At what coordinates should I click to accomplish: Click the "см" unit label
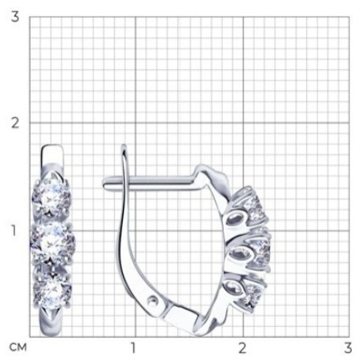(18, 347)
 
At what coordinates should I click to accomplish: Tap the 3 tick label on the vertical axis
(15, 17)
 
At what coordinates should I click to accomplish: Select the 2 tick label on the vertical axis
(15, 123)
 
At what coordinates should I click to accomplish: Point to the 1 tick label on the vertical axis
(14, 230)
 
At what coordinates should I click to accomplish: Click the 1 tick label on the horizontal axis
(134, 347)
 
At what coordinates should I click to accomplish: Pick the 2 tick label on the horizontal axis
(242, 347)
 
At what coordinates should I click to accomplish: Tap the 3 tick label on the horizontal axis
(348, 347)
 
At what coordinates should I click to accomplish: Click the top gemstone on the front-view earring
(51, 196)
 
